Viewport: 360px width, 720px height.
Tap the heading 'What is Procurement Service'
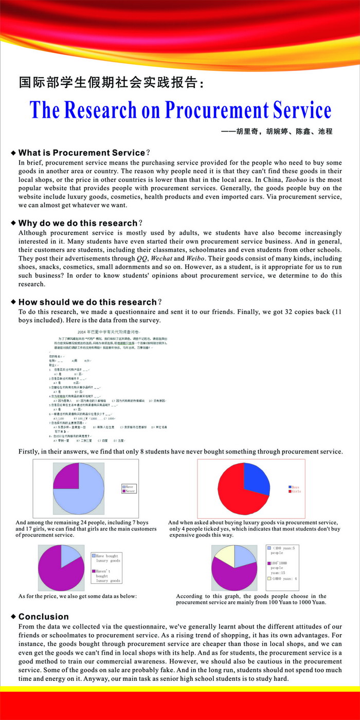(82, 153)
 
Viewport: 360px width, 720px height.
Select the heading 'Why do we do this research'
(78, 223)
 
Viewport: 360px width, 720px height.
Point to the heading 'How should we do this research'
(87, 302)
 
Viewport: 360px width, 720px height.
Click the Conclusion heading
(44, 617)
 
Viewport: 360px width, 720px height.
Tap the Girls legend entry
(296, 492)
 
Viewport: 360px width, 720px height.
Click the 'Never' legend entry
(130, 491)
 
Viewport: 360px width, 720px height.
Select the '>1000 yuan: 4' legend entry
(282, 579)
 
